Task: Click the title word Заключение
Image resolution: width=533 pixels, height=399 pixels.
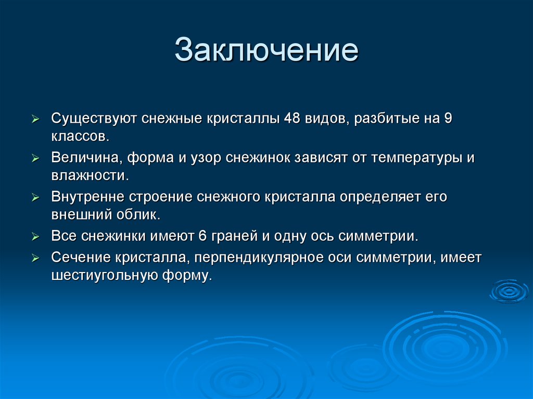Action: (x=266, y=50)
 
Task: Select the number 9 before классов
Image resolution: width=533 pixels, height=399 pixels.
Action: (x=448, y=118)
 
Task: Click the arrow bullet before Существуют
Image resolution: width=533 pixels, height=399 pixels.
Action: (x=35, y=119)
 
